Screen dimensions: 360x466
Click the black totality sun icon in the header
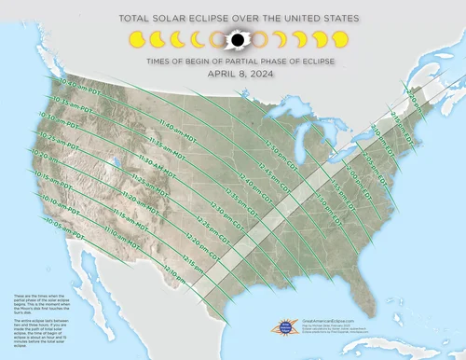click(237, 40)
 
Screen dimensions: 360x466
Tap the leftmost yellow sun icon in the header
click(136, 40)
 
